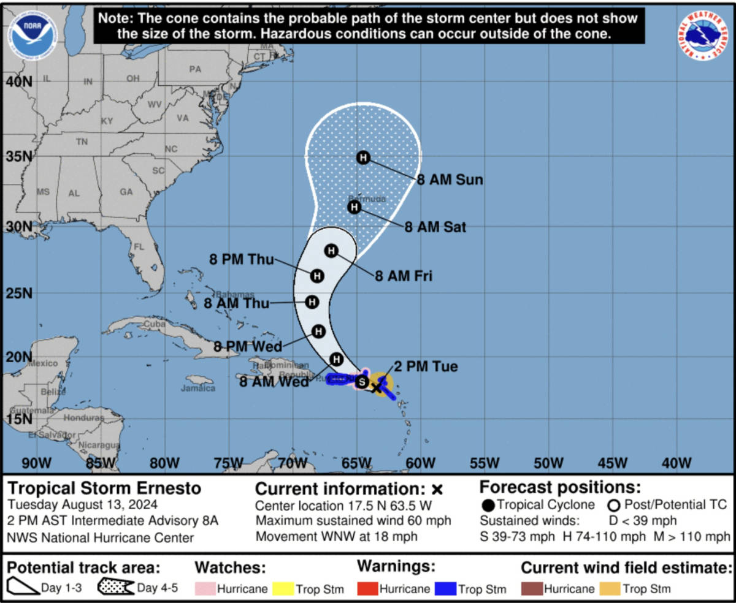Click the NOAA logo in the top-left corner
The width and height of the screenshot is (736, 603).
[33, 32]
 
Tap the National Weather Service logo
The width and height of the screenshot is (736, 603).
[703, 35]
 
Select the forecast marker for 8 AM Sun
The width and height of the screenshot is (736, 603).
[363, 158]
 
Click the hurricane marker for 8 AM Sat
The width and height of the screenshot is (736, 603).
[355, 207]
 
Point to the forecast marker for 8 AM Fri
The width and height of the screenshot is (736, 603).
[331, 251]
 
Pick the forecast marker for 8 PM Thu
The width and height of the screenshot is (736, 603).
[317, 276]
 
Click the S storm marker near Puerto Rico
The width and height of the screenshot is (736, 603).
[362, 382]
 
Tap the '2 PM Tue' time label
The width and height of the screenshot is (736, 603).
[426, 367]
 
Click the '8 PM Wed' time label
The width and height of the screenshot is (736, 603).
[247, 346]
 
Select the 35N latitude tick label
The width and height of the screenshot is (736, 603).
[18, 156]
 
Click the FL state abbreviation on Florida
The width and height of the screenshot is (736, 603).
[139, 247]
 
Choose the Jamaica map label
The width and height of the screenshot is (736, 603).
[198, 388]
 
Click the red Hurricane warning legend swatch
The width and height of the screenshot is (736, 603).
[366, 588]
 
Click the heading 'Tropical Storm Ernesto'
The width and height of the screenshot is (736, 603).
[104, 488]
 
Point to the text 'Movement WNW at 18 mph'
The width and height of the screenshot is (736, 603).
[337, 536]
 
